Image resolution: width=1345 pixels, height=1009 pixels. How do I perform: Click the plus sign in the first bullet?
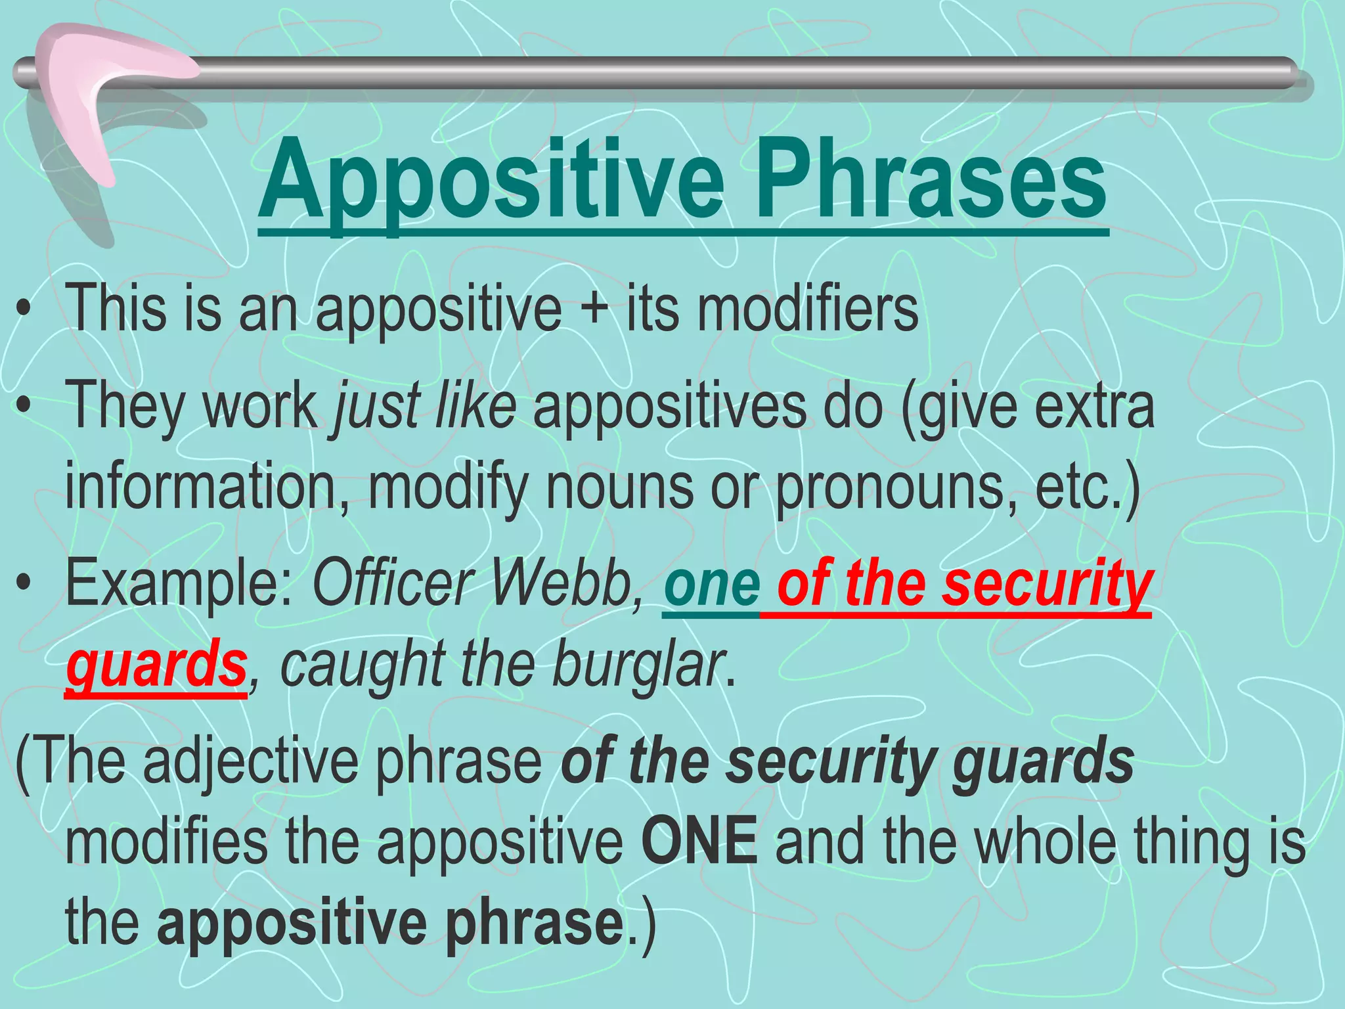(594, 309)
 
